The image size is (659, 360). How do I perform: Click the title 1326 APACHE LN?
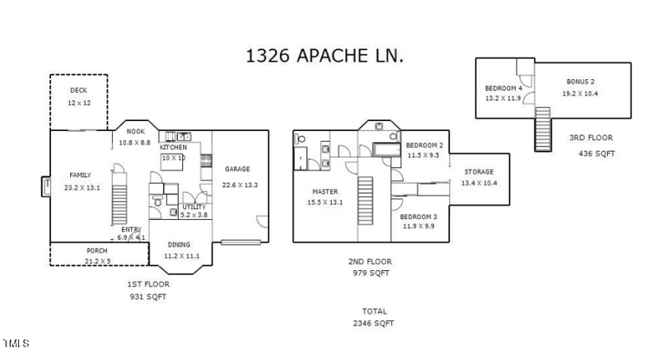(x=325, y=56)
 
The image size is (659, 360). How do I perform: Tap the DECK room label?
(x=77, y=91)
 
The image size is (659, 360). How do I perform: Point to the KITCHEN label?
(x=173, y=147)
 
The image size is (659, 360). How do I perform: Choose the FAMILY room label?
(x=79, y=175)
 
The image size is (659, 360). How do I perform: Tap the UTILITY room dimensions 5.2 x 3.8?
(x=194, y=215)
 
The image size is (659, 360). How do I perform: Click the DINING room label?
(x=179, y=245)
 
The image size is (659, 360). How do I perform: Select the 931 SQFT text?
(x=148, y=296)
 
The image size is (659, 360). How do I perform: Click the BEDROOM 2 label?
(x=425, y=145)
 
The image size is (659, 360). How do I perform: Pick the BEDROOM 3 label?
(x=419, y=217)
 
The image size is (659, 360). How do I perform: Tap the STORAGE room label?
(x=478, y=171)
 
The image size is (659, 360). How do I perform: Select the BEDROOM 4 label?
(x=503, y=88)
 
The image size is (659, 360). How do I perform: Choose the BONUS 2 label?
(x=580, y=82)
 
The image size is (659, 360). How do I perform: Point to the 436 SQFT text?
(x=597, y=153)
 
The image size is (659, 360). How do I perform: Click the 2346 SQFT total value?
(x=376, y=324)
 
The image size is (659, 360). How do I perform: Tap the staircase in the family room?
(x=120, y=197)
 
